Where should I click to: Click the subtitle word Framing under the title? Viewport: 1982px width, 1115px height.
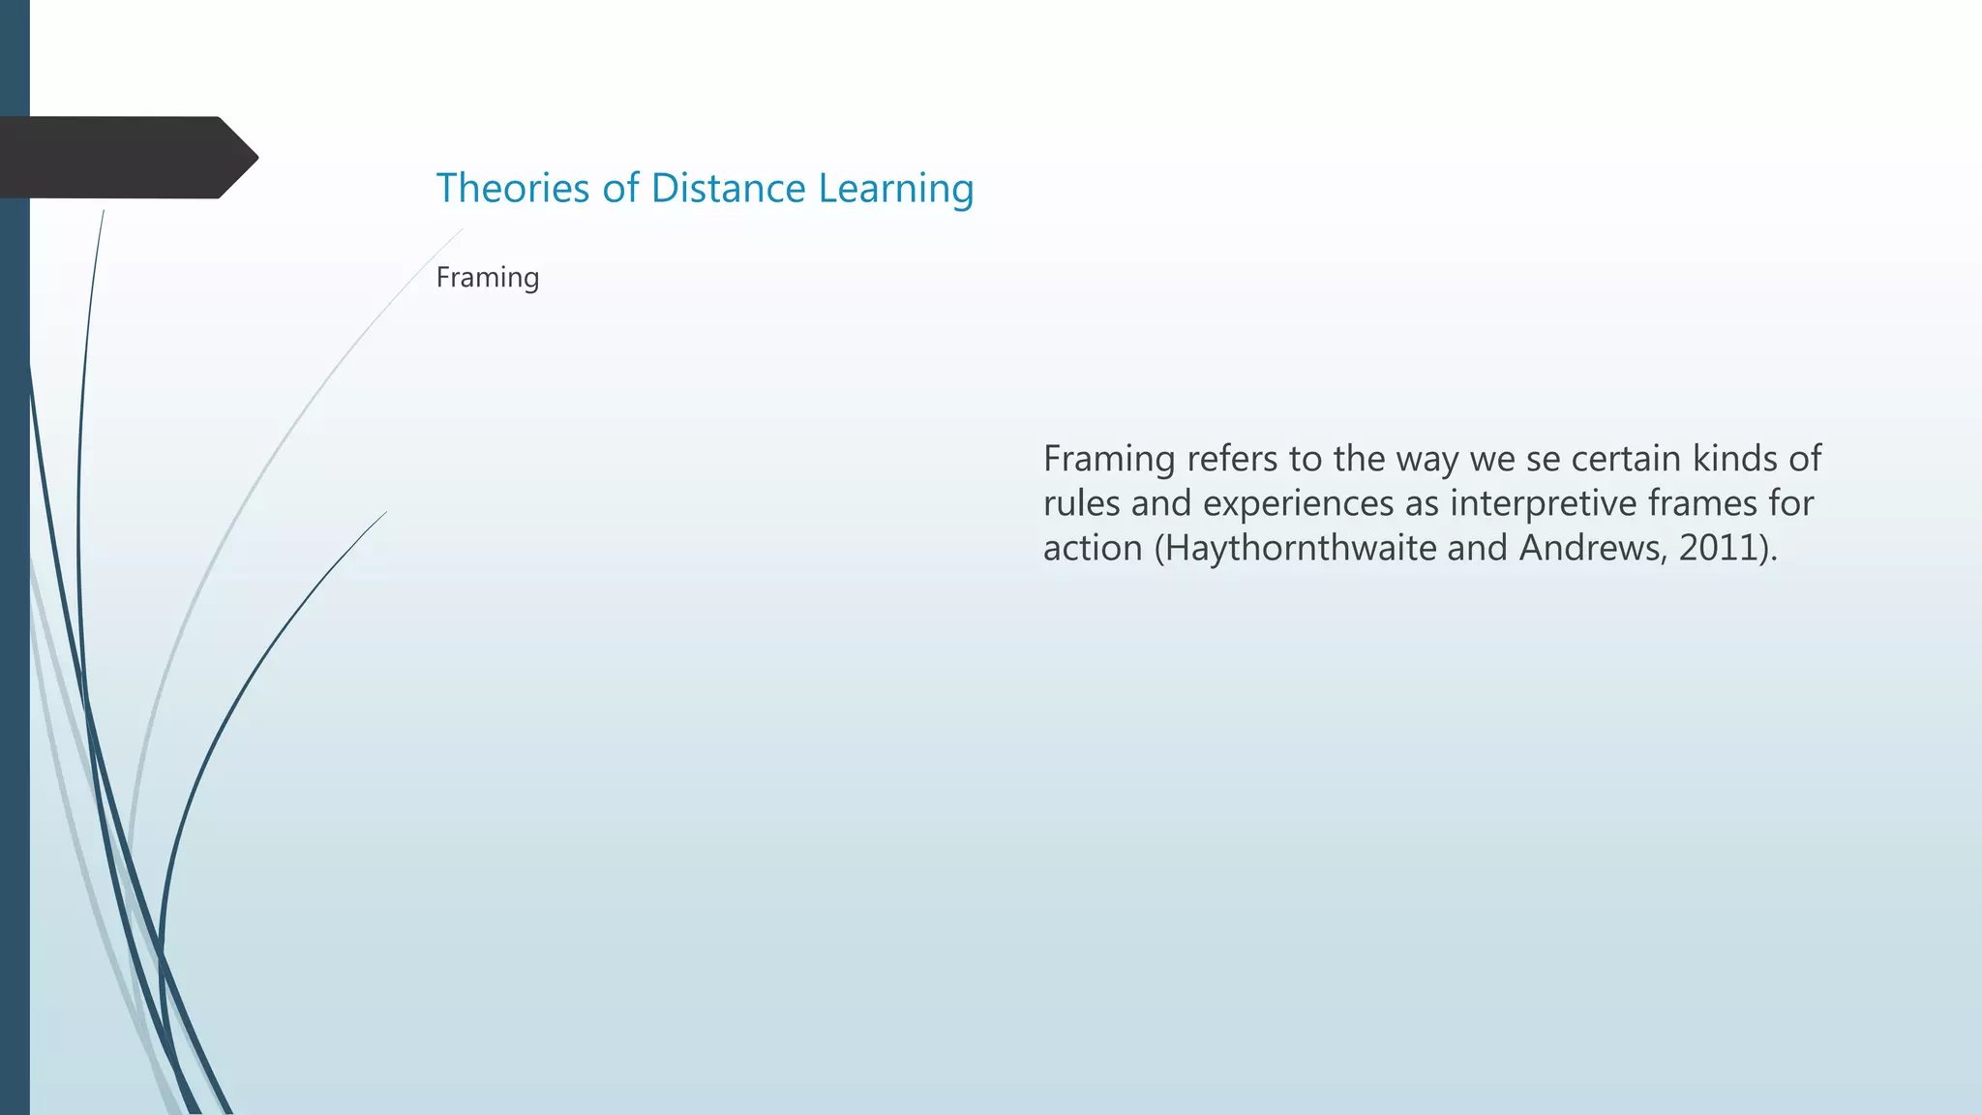(487, 278)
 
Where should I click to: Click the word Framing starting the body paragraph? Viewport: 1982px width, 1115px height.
(1108, 459)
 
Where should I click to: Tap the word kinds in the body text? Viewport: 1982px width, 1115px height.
(1735, 458)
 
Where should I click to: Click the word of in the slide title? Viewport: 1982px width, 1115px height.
(619, 188)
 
